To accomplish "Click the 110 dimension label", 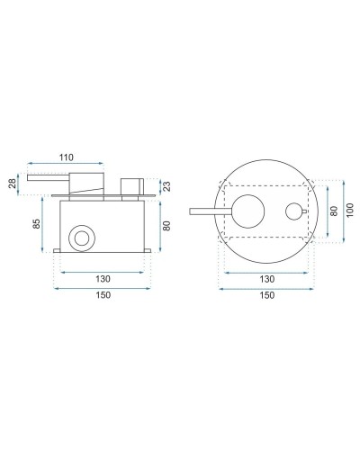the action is coord(67,157).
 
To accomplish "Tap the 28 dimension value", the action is coord(13,183).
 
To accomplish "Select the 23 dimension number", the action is coord(167,186).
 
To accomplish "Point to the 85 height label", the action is coord(36,224).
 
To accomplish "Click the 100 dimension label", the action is coord(349,210).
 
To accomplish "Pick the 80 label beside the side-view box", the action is coord(166,226).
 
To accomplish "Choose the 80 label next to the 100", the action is coord(334,211).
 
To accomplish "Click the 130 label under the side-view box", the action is coord(103,279).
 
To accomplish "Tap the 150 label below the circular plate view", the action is coord(266,295).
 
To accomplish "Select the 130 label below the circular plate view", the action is coord(266,279).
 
